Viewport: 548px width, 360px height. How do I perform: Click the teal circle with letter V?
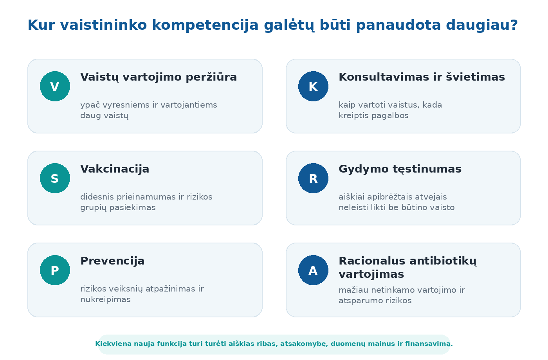pos(55,86)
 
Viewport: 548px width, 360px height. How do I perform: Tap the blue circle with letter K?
pos(313,86)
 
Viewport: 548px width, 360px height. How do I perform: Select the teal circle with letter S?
pos(55,178)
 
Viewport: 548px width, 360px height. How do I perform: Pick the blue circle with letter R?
pos(313,178)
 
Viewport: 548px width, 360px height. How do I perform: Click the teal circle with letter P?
pos(55,270)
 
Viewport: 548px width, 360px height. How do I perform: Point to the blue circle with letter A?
pos(313,270)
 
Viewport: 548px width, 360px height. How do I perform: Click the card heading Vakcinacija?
pos(115,169)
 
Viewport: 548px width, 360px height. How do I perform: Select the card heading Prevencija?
pos(113,261)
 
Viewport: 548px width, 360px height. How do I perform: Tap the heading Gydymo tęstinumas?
pos(400,169)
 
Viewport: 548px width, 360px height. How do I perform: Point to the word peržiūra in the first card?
pos(211,77)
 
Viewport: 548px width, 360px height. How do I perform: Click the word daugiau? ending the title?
pos(482,25)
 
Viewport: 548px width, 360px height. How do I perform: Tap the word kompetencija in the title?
pos(205,25)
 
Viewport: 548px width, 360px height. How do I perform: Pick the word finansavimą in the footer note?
pos(429,344)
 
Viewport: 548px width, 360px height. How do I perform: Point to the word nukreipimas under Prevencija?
pos(105,300)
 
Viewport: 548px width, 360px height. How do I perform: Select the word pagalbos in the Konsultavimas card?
pos(390,116)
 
